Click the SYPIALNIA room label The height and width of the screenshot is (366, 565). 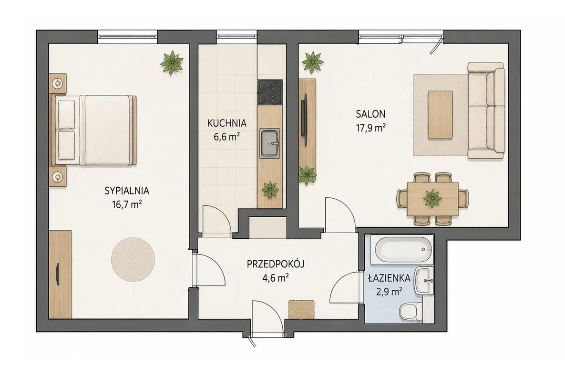126,191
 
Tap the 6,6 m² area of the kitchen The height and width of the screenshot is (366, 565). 226,136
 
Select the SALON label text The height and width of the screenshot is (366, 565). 370,114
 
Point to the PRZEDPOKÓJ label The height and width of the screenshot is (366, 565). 276,264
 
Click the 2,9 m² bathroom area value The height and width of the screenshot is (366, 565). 389,291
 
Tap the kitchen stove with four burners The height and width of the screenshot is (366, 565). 270,92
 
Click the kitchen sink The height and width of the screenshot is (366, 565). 270,143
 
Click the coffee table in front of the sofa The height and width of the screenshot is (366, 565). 440,114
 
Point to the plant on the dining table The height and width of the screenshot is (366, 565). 432,199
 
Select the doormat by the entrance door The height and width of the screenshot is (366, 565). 301,309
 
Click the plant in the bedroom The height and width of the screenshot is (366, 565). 172,63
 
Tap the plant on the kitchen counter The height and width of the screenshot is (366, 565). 270,190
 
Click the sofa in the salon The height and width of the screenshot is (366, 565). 486,111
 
